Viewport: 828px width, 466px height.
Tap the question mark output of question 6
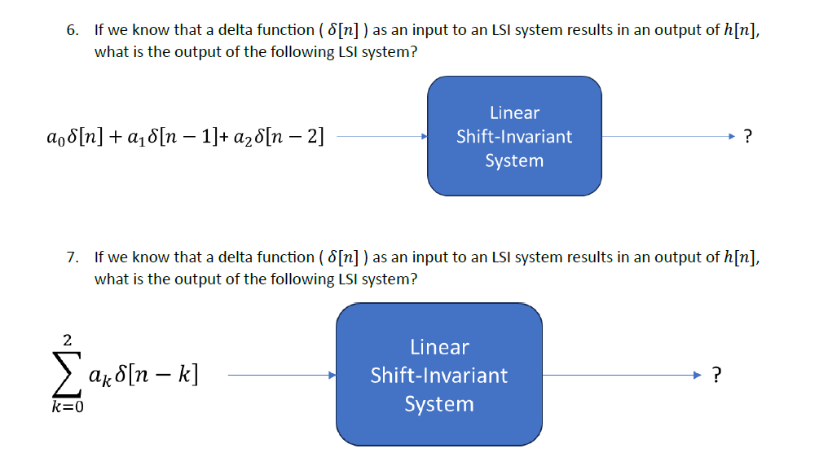pos(748,137)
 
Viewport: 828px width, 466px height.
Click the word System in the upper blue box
pos(514,160)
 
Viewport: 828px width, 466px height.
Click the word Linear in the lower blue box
pos(439,347)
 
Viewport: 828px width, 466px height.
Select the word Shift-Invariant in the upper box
pos(514,137)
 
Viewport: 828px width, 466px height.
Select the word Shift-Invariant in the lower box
pos(439,376)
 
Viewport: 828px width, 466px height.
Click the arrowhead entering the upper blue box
pos(423,137)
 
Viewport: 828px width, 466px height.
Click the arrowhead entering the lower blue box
pos(332,376)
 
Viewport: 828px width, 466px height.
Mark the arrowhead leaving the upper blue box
pos(733,137)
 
